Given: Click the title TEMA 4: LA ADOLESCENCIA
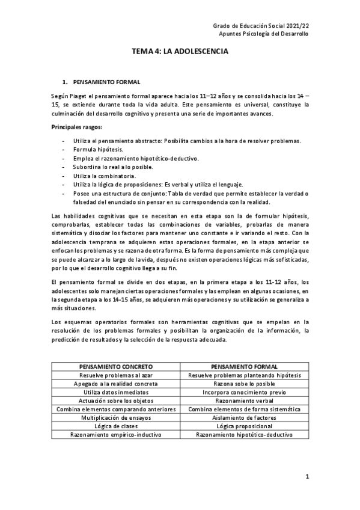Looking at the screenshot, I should pos(180,53).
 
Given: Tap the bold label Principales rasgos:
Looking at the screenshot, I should pos(76,127).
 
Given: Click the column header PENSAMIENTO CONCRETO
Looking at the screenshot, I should pos(115,366).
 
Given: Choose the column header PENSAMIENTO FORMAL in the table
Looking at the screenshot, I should pos(245,366).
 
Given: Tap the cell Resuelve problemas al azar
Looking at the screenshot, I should pos(115,374).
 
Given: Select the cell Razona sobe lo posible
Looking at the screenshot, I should pos(245,383).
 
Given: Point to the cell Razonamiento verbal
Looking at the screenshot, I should pos(245,400).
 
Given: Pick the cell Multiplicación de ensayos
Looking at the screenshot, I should pos(115,417).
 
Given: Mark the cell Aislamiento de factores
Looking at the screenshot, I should pos(245,417).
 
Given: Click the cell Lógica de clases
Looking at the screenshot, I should pos(115,426).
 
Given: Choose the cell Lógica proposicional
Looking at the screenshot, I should pos(245,426).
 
